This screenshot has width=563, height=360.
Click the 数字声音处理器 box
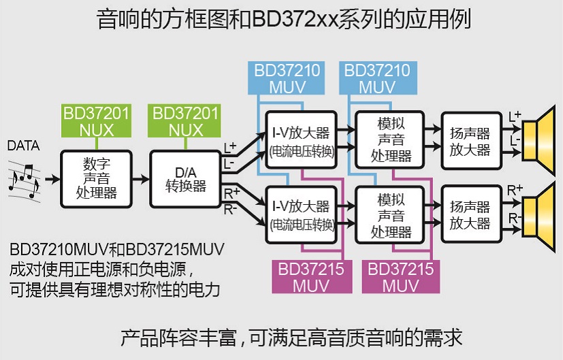point(96,178)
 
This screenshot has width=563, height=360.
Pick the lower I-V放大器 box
point(301,214)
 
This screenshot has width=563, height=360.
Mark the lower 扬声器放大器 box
point(469,214)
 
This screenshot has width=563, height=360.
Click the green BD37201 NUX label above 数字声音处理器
point(96,120)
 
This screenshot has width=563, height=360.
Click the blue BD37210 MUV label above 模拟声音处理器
point(377,78)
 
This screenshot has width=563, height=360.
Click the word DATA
point(22,146)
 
